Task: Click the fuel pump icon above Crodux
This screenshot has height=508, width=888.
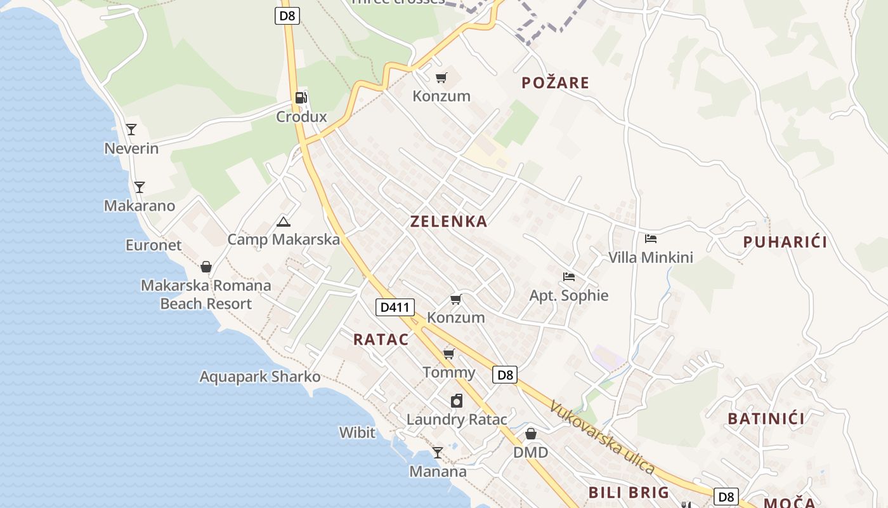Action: click(301, 98)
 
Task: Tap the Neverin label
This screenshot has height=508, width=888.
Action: click(131, 149)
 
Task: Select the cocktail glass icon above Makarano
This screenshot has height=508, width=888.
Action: click(140, 187)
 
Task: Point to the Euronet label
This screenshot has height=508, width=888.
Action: click(153, 245)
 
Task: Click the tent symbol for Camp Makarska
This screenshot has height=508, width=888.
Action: click(284, 222)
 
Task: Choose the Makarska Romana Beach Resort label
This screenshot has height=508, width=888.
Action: click(206, 295)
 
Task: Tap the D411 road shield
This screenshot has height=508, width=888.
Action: click(395, 308)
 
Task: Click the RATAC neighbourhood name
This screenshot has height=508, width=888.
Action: click(381, 339)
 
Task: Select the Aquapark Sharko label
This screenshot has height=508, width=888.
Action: click(260, 377)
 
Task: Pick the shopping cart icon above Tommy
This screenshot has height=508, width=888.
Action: click(449, 354)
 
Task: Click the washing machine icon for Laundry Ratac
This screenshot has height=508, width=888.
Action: click(457, 401)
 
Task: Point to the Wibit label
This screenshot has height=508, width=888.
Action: click(357, 433)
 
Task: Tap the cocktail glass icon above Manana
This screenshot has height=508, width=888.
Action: click(438, 453)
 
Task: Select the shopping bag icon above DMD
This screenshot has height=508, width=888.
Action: click(531, 434)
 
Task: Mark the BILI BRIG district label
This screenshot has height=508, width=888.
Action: click(629, 492)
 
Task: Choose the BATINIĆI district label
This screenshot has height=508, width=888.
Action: click(766, 418)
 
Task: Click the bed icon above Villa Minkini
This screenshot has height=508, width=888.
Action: click(650, 239)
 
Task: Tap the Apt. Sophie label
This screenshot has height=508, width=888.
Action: click(569, 295)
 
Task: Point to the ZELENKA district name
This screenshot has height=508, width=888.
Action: click(448, 222)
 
